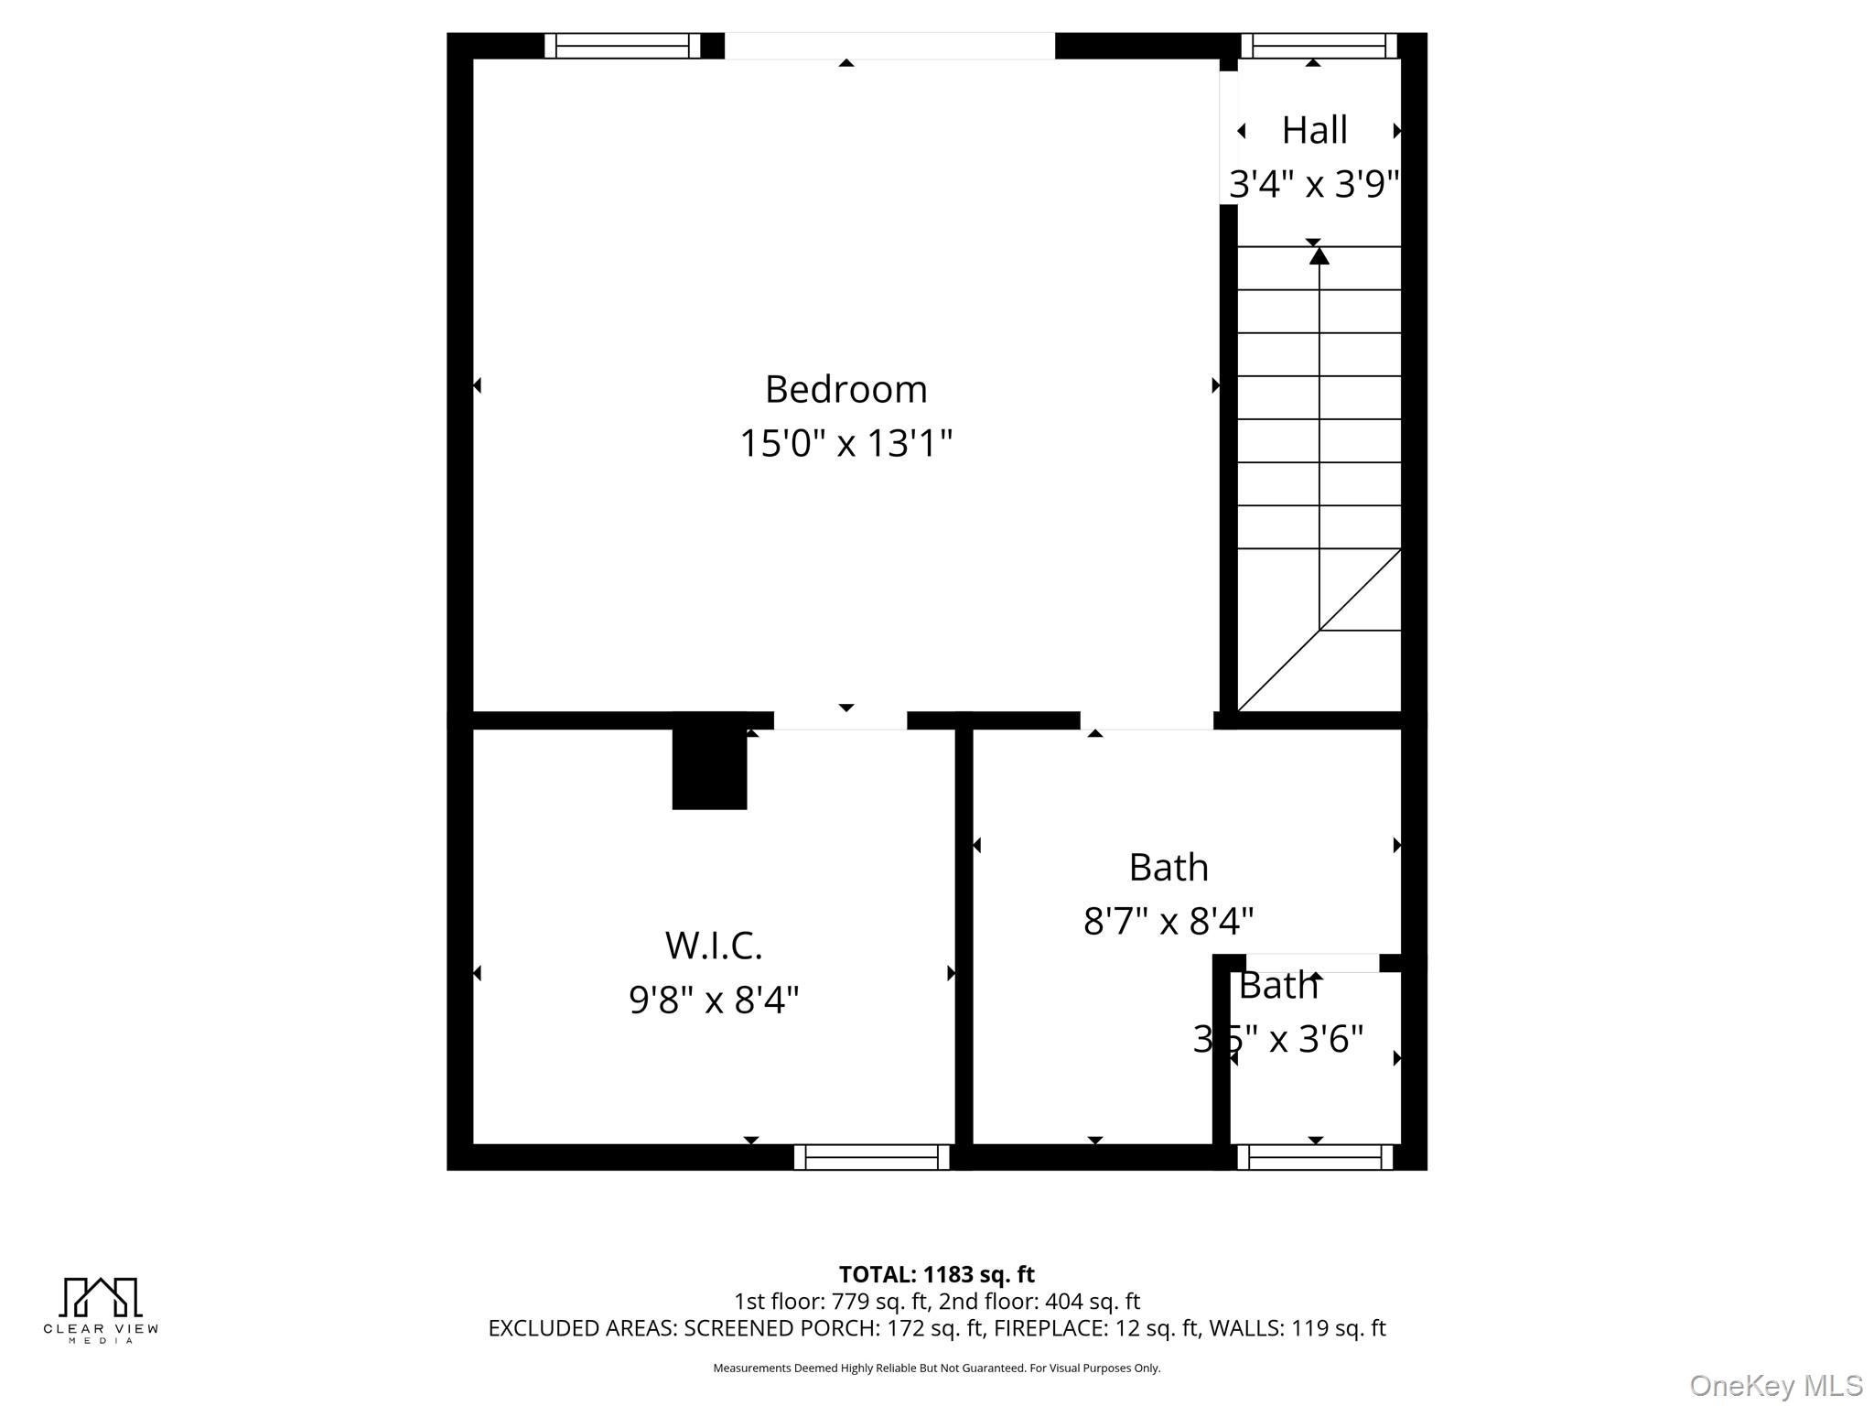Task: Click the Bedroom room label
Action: coord(845,390)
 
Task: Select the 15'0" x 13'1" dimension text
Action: coord(845,444)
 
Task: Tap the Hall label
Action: coord(1314,131)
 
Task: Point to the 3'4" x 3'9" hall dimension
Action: coord(1314,184)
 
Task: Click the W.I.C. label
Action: coord(714,946)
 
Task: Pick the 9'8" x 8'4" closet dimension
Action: coord(714,1000)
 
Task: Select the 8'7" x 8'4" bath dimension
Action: coord(1169,921)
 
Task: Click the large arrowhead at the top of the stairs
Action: coord(1319,256)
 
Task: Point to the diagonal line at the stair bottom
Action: coord(1319,631)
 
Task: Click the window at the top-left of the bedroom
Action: coord(622,46)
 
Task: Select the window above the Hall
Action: coord(1319,46)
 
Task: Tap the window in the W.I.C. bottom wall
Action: coord(872,1157)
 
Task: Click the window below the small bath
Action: coord(1315,1157)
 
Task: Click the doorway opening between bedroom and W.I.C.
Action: coord(840,720)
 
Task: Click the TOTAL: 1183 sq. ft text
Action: coord(936,1274)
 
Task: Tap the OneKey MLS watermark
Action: coord(1776,1386)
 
